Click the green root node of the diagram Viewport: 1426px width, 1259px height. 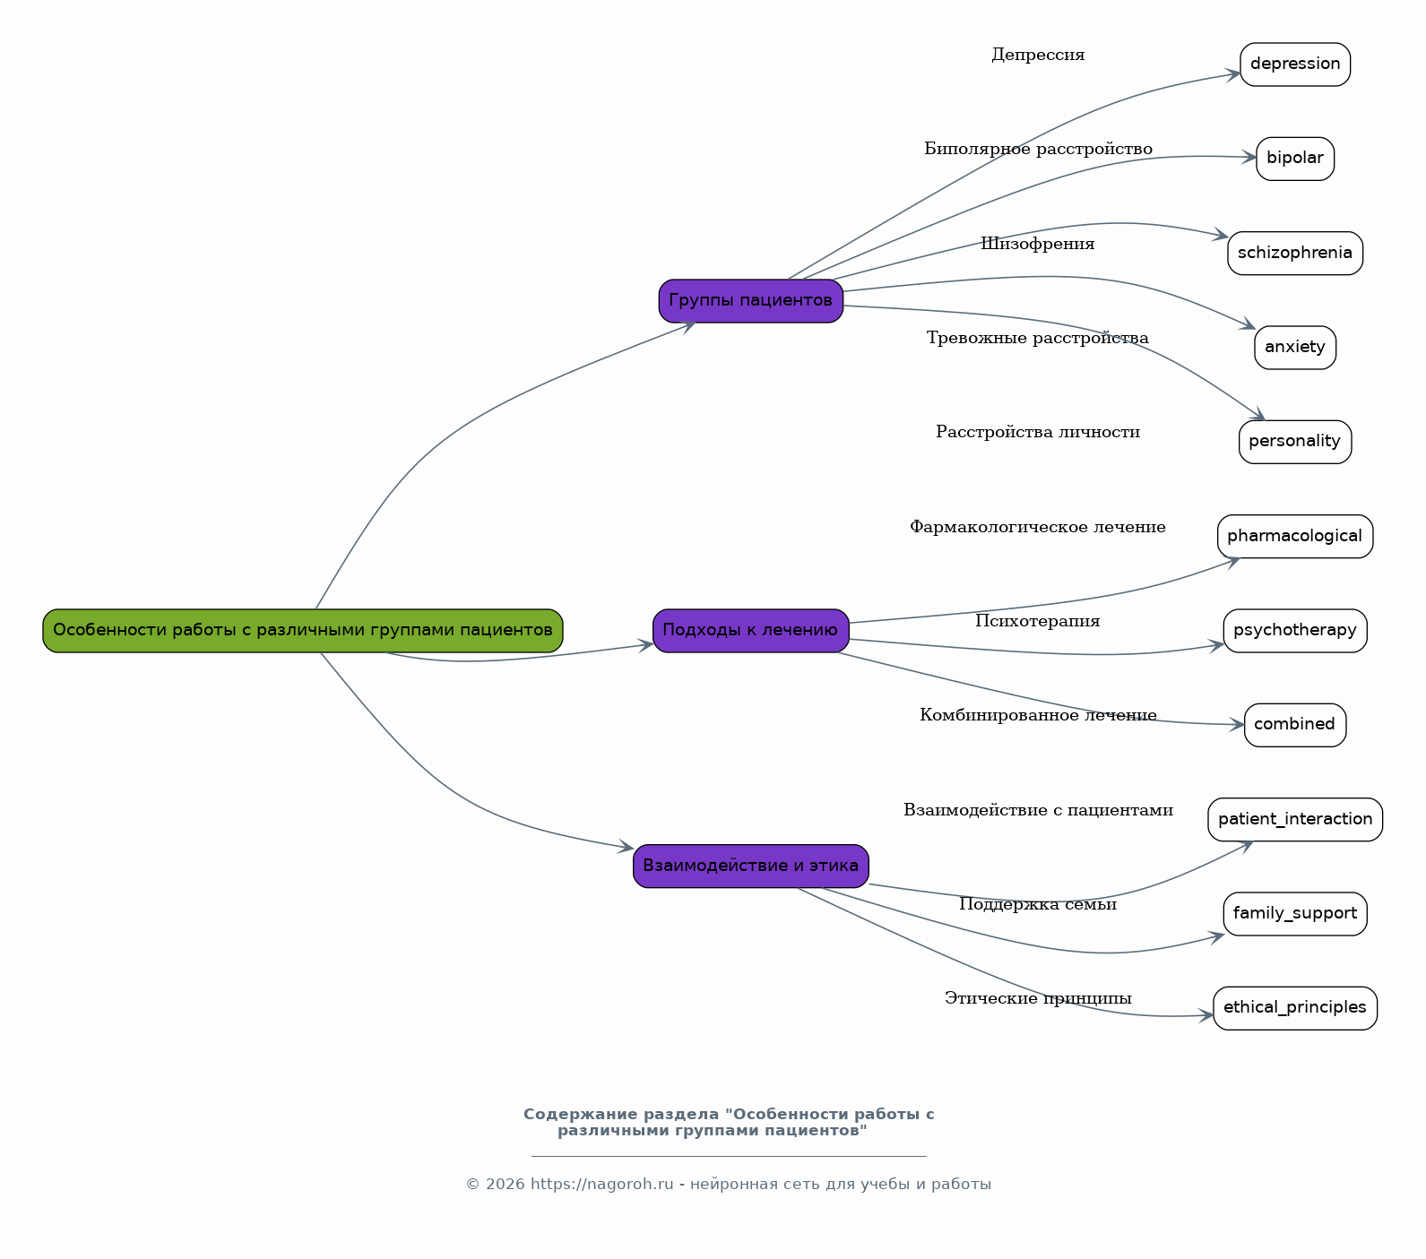click(303, 631)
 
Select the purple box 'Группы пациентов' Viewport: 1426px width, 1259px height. click(751, 301)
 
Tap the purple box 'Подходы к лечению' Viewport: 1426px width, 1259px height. click(751, 631)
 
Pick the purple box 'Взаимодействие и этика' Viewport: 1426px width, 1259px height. click(751, 867)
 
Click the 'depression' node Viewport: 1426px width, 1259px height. click(1295, 65)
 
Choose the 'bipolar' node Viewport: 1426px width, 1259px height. click(1295, 159)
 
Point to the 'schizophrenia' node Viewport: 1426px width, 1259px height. click(1295, 254)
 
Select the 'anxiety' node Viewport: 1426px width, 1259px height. click(1295, 348)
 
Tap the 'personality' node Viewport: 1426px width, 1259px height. click(1295, 442)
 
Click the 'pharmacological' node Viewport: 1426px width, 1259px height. click(1295, 537)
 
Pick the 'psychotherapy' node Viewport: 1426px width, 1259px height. click(1295, 631)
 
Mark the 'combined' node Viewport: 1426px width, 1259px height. click(1295, 725)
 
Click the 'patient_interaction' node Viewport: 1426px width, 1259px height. click(1295, 820)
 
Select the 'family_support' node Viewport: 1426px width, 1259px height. click(1295, 914)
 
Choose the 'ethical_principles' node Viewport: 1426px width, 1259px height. click(1295, 1008)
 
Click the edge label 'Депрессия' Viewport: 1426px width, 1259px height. click(1038, 56)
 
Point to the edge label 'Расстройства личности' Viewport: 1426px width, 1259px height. click(1038, 433)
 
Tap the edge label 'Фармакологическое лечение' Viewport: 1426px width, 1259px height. click(1038, 528)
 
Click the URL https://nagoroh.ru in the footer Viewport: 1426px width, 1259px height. click(601, 1185)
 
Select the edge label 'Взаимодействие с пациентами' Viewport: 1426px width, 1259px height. click(1038, 811)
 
